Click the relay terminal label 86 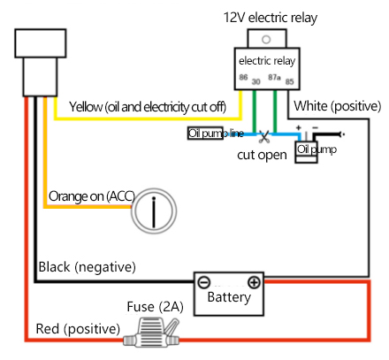tap(243, 77)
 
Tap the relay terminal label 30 tap(256, 81)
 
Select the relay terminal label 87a tap(274, 77)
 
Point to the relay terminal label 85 tap(289, 81)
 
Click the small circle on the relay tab tap(266, 39)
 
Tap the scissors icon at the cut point tap(264, 136)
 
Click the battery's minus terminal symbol tap(203, 282)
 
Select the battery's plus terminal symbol tap(254, 282)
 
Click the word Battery tap(229, 297)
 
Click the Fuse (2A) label tap(155, 307)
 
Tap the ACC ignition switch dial tap(154, 211)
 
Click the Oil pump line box tap(205, 134)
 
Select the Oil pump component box tap(306, 152)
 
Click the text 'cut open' tap(262, 155)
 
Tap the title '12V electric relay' tap(271, 18)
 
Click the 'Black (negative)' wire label tap(88, 267)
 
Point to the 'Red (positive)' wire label tap(78, 329)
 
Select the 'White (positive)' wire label tap(338, 106)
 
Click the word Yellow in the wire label tap(86, 107)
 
